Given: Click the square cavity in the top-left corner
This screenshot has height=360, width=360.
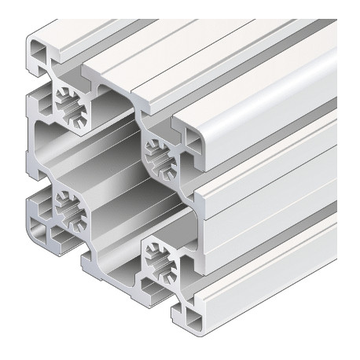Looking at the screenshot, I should pos(37,56).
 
